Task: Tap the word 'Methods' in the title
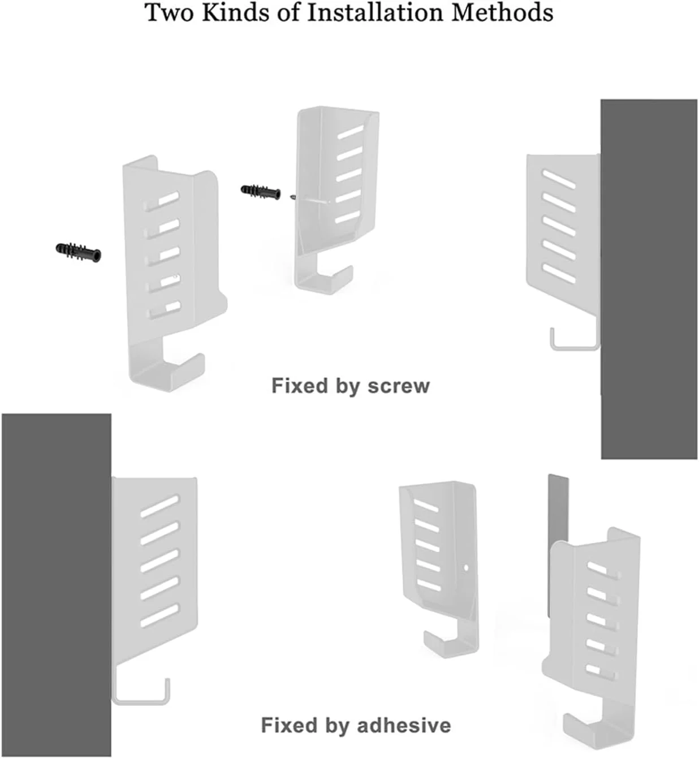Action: pyautogui.click(x=502, y=12)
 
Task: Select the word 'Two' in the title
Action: pyautogui.click(x=170, y=12)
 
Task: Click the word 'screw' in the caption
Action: pyautogui.click(x=399, y=386)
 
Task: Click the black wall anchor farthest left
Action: pyautogui.click(x=79, y=252)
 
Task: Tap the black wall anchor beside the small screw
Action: pyautogui.click(x=261, y=192)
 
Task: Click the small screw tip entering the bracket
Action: pyautogui.click(x=292, y=197)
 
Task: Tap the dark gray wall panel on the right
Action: pyautogui.click(x=649, y=279)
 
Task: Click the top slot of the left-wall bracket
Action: pyautogui.click(x=159, y=506)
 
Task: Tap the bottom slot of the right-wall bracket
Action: pyautogui.click(x=559, y=274)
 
